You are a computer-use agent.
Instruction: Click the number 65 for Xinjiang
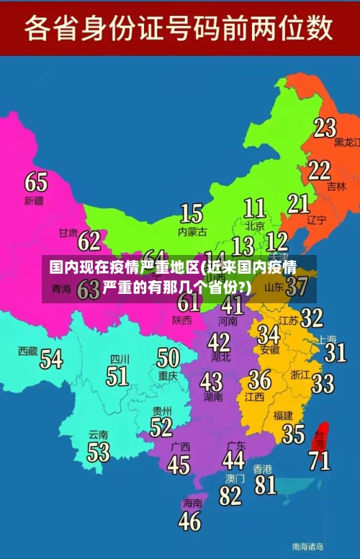pyautogui.click(x=36, y=181)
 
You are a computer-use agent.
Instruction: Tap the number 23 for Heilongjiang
pyautogui.click(x=325, y=128)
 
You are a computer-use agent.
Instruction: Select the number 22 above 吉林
pyautogui.click(x=319, y=170)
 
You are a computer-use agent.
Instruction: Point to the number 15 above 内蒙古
pyautogui.click(x=191, y=213)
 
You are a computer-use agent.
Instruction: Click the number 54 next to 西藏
pyautogui.click(x=50, y=358)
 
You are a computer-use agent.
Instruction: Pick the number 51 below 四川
pyautogui.click(x=117, y=375)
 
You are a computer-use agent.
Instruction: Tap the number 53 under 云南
pyautogui.click(x=99, y=452)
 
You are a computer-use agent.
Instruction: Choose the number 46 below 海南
pyautogui.click(x=189, y=520)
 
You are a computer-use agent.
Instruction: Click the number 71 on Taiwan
pyautogui.click(x=320, y=460)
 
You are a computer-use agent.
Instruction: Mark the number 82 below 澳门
pyautogui.click(x=230, y=496)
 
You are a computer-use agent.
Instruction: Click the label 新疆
pyautogui.click(x=34, y=200)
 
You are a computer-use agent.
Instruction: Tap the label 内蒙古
pyautogui.click(x=192, y=232)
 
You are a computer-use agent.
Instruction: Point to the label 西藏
pyautogui.click(x=27, y=351)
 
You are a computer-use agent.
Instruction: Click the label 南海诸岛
pyautogui.click(x=307, y=545)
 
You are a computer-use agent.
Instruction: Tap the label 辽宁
pyautogui.click(x=317, y=220)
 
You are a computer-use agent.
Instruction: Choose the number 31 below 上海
pyautogui.click(x=335, y=352)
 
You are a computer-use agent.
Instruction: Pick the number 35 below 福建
pyautogui.click(x=293, y=434)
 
